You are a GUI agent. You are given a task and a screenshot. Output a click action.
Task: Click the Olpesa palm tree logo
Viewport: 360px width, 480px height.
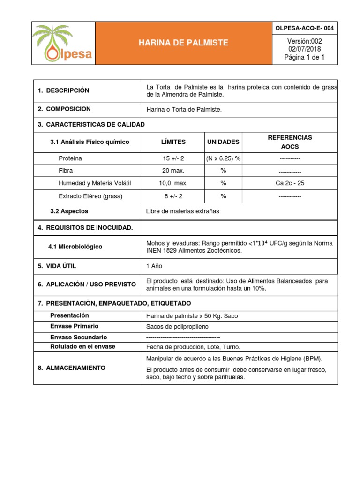click(x=63, y=43)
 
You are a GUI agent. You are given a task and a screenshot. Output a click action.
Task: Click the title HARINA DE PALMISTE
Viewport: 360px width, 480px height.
click(x=183, y=43)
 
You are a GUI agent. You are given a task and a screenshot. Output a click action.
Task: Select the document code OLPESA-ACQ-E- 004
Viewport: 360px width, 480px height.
click(x=304, y=28)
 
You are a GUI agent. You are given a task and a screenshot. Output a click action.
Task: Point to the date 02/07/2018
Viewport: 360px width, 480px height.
click(x=304, y=49)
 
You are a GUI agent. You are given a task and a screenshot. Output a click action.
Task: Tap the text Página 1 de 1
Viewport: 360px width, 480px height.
click(x=304, y=58)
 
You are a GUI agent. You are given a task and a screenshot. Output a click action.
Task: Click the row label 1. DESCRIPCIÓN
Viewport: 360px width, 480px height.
click(x=64, y=90)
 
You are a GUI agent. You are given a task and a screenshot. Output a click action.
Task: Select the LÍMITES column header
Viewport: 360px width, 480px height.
click(x=173, y=142)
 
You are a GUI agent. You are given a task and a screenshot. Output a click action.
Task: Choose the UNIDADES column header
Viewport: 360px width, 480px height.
click(x=223, y=142)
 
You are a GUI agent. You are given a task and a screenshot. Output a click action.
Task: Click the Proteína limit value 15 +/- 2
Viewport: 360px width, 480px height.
click(x=173, y=158)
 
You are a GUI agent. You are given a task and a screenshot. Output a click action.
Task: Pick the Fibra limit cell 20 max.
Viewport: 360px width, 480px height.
click(x=173, y=171)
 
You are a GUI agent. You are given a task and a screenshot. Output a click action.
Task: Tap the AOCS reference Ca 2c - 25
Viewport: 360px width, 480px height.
click(x=290, y=183)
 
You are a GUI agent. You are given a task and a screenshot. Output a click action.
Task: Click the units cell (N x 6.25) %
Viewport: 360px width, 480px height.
click(x=223, y=158)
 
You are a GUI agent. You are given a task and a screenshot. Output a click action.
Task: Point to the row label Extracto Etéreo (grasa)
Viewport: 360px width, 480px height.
click(x=90, y=196)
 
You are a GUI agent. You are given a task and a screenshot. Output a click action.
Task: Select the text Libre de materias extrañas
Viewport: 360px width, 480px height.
click(x=183, y=211)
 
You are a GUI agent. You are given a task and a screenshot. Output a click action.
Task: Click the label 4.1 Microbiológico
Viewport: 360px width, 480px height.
click(x=75, y=247)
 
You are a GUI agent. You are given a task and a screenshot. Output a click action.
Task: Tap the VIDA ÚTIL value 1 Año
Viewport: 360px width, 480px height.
click(x=154, y=266)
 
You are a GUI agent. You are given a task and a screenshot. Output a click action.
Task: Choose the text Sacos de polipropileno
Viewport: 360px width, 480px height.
click(x=179, y=326)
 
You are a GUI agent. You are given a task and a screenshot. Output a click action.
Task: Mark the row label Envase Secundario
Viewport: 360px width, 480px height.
click(x=78, y=337)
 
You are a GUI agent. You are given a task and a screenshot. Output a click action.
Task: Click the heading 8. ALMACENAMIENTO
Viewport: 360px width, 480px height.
click(x=72, y=368)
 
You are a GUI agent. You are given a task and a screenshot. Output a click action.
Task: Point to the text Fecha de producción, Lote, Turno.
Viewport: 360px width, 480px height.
click(x=193, y=347)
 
